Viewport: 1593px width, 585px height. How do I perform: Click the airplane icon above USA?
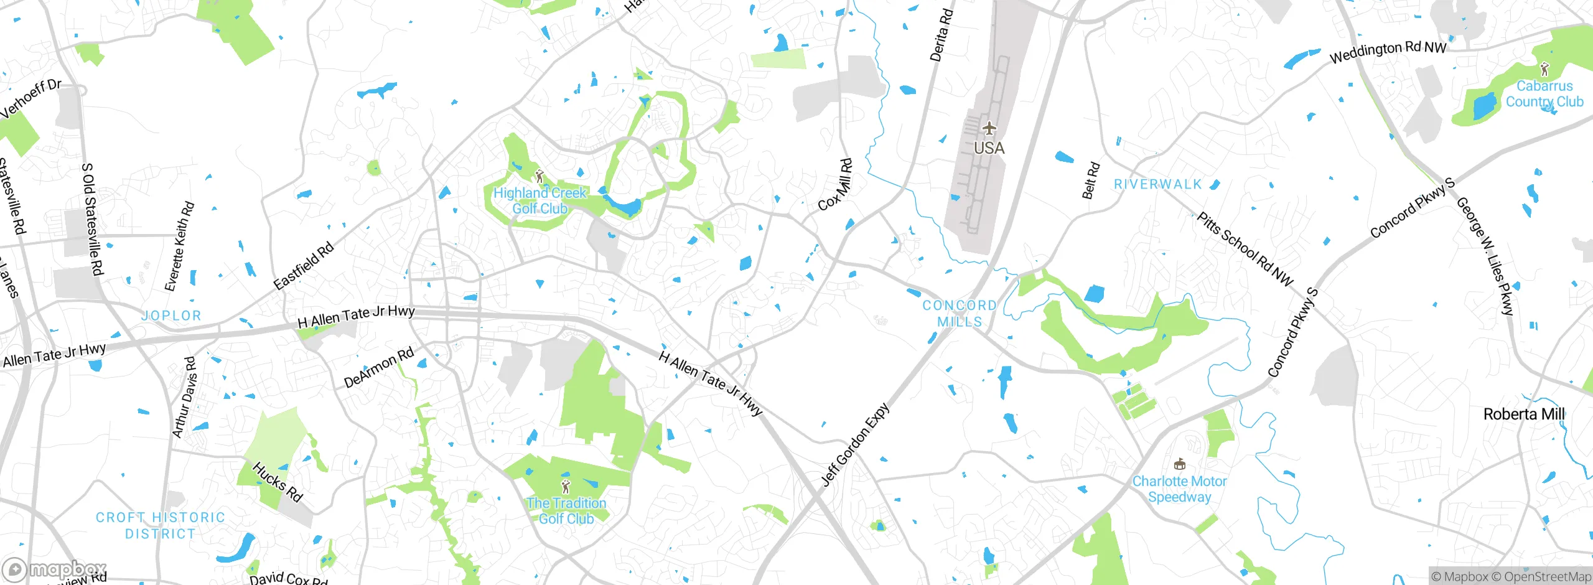click(989, 129)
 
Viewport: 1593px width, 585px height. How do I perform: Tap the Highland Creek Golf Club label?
click(540, 200)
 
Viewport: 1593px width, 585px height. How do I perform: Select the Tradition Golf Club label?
click(566, 510)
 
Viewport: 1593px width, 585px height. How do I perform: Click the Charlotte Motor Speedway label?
click(1179, 489)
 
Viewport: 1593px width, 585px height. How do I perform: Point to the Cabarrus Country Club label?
click(1544, 94)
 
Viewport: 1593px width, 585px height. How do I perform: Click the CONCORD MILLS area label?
click(960, 314)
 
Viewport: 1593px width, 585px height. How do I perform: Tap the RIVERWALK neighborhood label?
click(1157, 184)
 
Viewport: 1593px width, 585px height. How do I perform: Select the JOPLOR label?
click(171, 316)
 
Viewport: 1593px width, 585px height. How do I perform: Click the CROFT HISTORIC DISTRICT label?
click(161, 525)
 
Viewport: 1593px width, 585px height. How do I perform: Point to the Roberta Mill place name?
click(1523, 414)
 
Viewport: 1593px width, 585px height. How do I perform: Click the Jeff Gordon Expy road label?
click(855, 444)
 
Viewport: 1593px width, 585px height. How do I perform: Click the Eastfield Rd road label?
click(304, 266)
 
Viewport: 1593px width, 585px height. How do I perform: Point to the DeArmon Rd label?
click(378, 368)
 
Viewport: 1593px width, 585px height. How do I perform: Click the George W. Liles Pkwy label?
click(1484, 256)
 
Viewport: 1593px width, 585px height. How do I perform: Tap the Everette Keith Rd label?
click(179, 246)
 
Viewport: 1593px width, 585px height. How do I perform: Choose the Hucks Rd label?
click(278, 482)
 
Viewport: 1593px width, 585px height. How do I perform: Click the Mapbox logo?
click(55, 569)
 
